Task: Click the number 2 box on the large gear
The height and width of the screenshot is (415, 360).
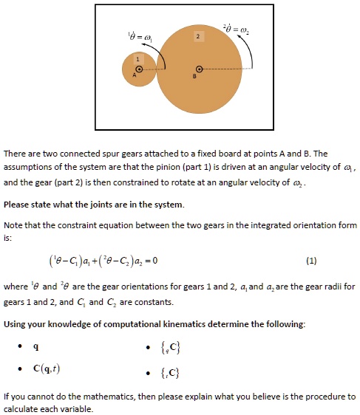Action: [x=197, y=36]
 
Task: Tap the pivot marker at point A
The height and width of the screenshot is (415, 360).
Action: [x=137, y=69]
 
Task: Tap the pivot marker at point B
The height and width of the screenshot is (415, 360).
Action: [x=197, y=69]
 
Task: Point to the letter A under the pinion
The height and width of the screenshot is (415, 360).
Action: [x=135, y=76]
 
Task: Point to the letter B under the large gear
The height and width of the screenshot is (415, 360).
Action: [x=194, y=76]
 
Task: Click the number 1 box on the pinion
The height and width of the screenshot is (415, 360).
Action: [x=136, y=58]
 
